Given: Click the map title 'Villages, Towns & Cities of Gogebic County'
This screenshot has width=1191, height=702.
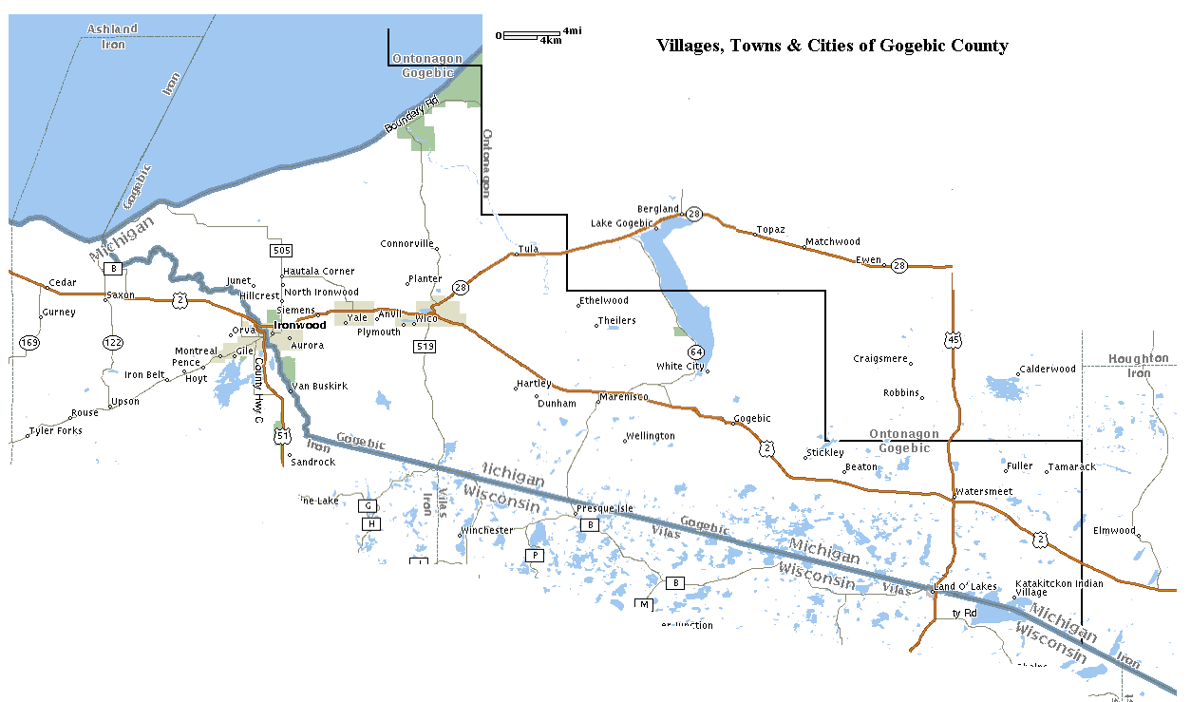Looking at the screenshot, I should tap(832, 46).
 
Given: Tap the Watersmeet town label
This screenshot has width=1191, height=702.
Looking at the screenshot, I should tap(984, 491).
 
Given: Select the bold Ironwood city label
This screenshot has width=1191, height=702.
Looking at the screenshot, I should tap(299, 325).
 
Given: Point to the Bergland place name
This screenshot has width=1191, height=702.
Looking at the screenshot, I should tap(658, 209).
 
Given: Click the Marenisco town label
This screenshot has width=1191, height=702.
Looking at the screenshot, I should tap(622, 397).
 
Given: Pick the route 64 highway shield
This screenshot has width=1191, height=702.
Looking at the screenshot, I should tap(696, 351).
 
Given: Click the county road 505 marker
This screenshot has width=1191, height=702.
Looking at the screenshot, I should tap(280, 251).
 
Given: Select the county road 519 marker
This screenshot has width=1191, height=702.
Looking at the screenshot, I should tap(424, 347).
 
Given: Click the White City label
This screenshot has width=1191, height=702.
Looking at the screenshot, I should tap(680, 366).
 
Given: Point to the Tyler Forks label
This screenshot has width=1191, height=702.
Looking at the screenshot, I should tap(55, 431).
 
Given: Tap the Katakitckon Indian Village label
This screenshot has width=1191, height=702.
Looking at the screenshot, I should tap(1059, 588).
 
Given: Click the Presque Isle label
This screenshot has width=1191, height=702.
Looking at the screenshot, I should tap(604, 508).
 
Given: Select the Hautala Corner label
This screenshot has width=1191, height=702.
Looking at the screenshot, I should tap(319, 272).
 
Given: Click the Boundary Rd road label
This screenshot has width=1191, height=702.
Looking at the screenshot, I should tap(410, 115).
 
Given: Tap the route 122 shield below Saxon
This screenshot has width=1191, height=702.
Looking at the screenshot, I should tap(113, 342).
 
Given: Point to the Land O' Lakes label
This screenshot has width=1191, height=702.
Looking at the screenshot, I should tap(966, 586).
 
